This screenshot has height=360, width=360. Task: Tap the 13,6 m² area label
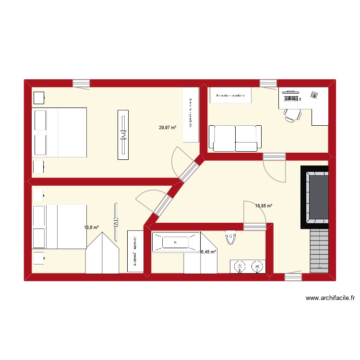[x=91, y=227]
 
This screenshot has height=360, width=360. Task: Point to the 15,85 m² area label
[x=264, y=206]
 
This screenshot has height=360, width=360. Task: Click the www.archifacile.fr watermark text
[x=330, y=299]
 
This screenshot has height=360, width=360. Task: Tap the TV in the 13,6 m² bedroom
[x=116, y=222]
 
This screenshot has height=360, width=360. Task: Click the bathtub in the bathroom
[x=175, y=242]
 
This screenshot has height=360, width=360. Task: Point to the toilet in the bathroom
[x=231, y=237]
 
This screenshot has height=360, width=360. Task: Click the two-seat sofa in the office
[x=235, y=138]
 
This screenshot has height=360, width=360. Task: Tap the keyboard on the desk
[x=291, y=98]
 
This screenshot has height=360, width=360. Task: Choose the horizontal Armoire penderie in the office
[x=230, y=96]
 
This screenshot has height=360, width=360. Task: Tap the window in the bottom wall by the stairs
[x=293, y=277]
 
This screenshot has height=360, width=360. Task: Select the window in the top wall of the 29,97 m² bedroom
[x=81, y=84]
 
